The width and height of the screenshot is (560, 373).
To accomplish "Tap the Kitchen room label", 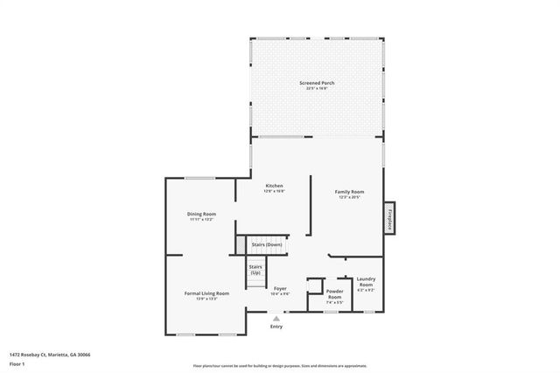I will (x=275, y=186).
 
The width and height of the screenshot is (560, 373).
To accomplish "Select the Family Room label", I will (x=350, y=192).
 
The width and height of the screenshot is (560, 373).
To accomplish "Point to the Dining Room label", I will (x=201, y=214).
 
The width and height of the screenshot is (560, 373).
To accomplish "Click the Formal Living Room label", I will (x=206, y=292).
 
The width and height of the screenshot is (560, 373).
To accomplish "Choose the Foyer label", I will (x=280, y=288).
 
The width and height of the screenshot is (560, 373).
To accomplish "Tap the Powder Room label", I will (x=334, y=293).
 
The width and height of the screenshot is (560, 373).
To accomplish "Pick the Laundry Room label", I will (x=366, y=282).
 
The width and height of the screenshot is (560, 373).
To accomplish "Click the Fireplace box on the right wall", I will (x=389, y=217).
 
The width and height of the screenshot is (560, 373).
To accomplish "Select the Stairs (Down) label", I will (x=267, y=244).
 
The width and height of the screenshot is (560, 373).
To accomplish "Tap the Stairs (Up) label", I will (x=255, y=269).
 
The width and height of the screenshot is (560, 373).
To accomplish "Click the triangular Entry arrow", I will (x=276, y=319).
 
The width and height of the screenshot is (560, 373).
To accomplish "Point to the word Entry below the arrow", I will (x=276, y=327).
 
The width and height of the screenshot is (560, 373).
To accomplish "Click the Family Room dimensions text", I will (x=350, y=197).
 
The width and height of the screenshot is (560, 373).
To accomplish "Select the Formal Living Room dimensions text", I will (x=206, y=299).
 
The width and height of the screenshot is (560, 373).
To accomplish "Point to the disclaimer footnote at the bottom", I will (x=280, y=365).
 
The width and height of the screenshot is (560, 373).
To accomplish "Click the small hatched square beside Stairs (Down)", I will (x=239, y=244).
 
